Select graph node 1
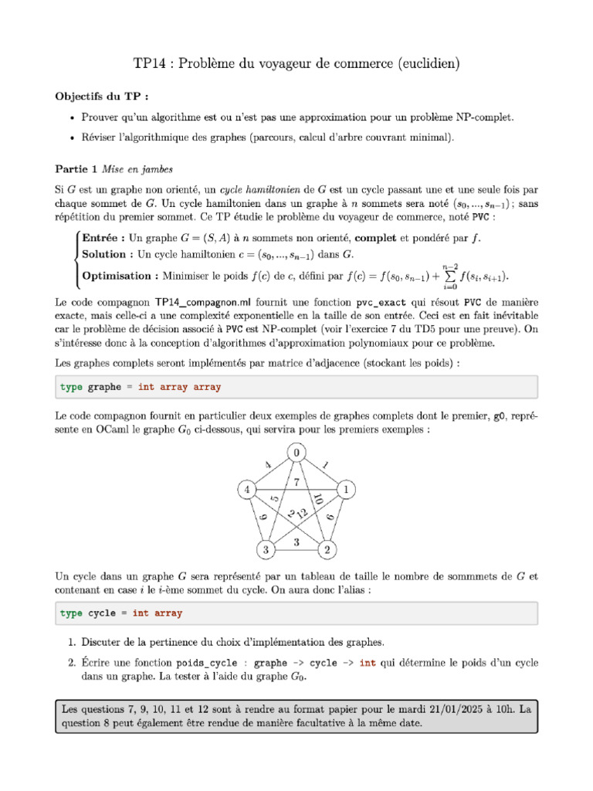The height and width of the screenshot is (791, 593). pyautogui.click(x=347, y=490)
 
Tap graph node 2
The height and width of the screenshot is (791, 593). pyautogui.click(x=327, y=549)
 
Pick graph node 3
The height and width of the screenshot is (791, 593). pyautogui.click(x=265, y=549)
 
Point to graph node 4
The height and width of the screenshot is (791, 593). pyautogui.click(x=246, y=490)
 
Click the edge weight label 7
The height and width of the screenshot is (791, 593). pyautogui.click(x=296, y=483)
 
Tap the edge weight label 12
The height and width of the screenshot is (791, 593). pyautogui.click(x=302, y=513)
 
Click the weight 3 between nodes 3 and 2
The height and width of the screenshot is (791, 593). pyautogui.click(x=296, y=542)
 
